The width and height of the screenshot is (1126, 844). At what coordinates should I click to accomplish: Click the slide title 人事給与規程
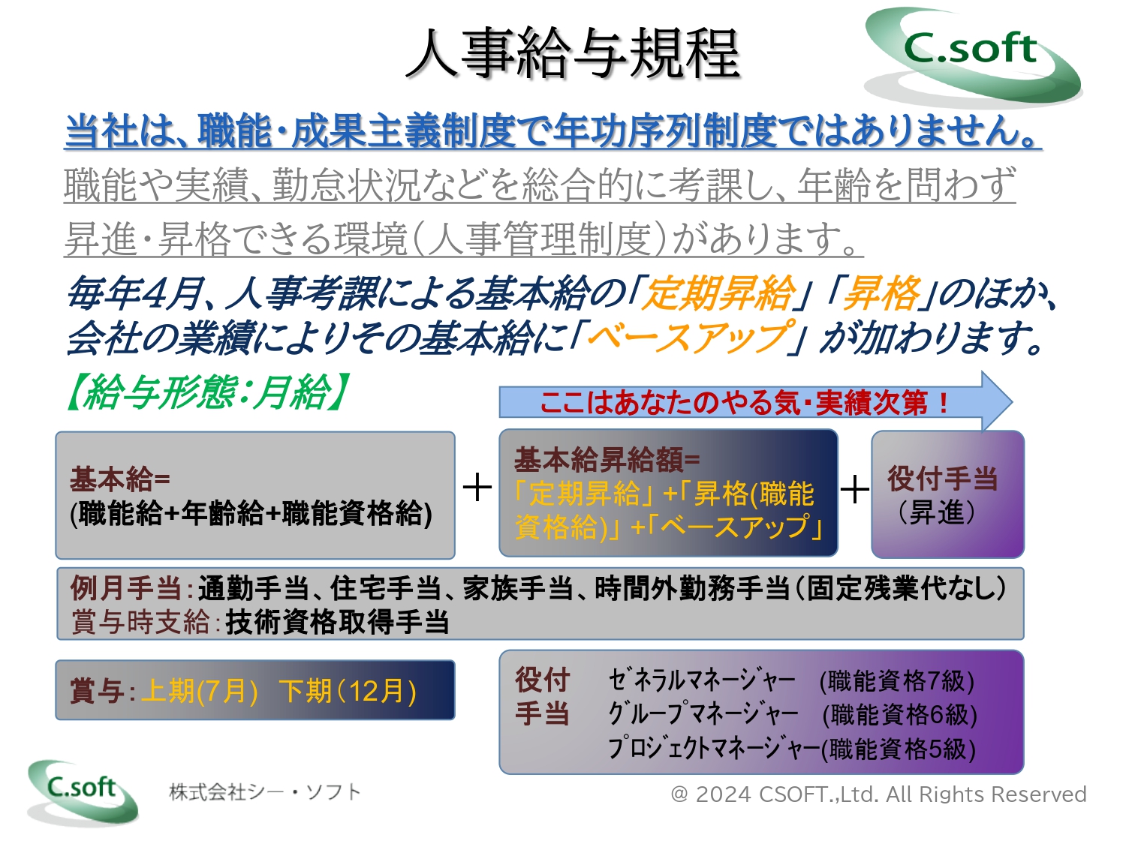point(572,53)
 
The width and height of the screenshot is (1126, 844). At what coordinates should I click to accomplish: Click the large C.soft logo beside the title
point(973,56)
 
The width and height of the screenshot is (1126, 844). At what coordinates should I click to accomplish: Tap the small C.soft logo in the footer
point(83,792)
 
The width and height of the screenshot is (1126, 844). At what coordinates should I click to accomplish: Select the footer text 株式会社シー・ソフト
point(265,792)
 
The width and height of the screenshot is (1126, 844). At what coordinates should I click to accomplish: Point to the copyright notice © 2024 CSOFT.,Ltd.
point(878,794)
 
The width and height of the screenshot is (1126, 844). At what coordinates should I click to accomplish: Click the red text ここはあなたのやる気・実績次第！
point(745,403)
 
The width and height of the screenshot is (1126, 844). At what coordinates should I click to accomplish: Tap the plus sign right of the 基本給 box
point(477,488)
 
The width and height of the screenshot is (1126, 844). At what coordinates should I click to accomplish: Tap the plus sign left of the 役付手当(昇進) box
point(854,488)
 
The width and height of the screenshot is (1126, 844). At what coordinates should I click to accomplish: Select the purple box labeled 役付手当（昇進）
point(947,494)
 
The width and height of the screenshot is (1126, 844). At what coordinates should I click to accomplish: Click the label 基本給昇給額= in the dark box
point(607,460)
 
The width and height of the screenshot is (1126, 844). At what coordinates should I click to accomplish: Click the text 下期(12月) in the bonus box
point(348,691)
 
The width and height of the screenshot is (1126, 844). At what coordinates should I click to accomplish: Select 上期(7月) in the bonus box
point(199,691)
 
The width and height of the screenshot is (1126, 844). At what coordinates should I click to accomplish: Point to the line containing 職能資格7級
point(791,681)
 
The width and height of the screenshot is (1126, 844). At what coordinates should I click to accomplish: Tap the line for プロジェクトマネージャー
point(791,749)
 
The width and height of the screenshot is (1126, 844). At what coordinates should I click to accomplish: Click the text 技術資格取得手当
point(337,623)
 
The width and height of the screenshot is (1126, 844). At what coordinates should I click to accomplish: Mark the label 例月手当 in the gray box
point(125,587)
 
